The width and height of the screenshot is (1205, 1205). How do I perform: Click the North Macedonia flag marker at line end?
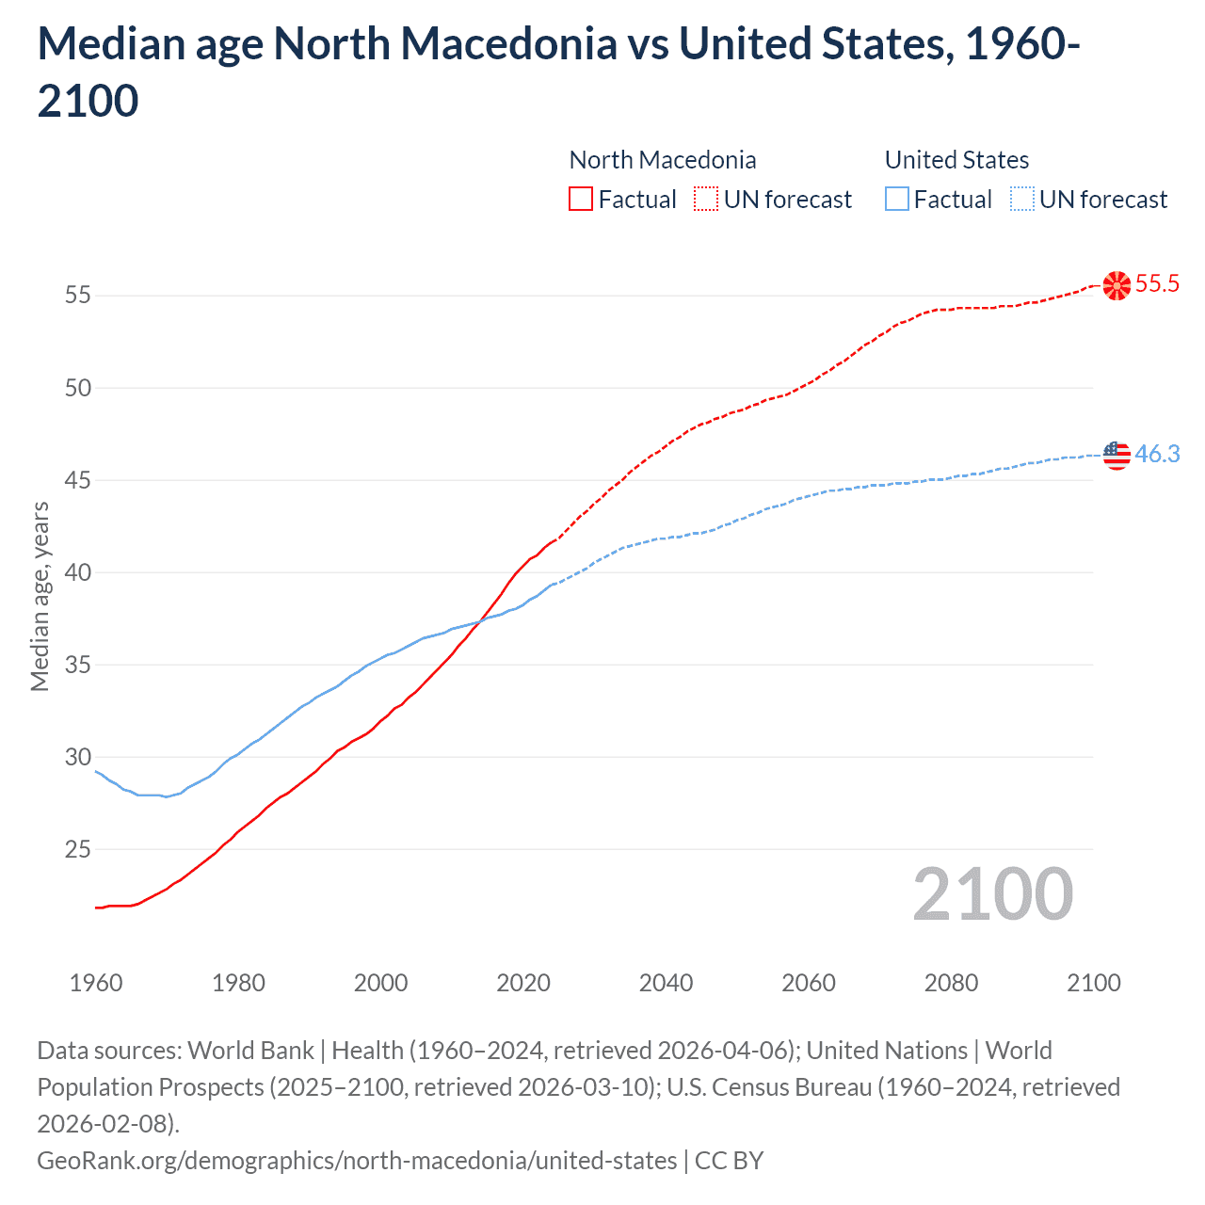click(x=1117, y=285)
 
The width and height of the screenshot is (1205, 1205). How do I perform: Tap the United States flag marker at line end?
click(x=1117, y=455)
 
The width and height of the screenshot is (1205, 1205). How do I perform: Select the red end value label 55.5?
click(x=1157, y=284)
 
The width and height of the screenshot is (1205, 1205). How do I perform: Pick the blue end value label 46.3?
click(x=1157, y=455)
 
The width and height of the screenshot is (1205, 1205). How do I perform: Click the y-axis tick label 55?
click(x=77, y=296)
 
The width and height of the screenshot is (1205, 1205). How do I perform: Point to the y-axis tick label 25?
click(x=77, y=849)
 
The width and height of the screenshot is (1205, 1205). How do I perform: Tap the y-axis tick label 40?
click(x=77, y=572)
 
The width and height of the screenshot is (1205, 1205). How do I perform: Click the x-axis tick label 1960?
click(x=96, y=983)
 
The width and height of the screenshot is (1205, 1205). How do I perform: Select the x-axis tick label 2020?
click(x=523, y=983)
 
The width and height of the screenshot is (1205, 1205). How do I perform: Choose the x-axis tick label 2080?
click(x=951, y=983)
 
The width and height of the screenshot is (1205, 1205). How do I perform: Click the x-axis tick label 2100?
click(x=1094, y=983)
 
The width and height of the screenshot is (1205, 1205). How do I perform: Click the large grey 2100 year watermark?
click(x=992, y=894)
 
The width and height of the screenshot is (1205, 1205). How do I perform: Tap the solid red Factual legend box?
click(x=581, y=200)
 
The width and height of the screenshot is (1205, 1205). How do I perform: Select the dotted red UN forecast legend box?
click(x=706, y=200)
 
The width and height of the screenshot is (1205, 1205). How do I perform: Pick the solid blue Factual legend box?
click(x=897, y=200)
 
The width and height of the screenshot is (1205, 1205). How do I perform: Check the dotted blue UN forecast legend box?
click(x=1021, y=200)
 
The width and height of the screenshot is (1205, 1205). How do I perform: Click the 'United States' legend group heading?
click(x=956, y=160)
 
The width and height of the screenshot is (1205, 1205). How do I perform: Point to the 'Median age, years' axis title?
click(x=40, y=597)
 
